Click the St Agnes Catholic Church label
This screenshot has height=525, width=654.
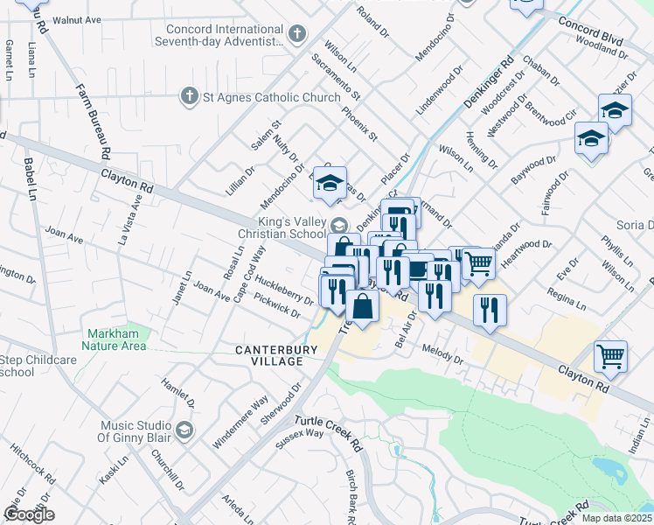pyautogui.click(x=271, y=96)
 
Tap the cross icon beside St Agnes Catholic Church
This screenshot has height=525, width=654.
pyautogui.click(x=188, y=95)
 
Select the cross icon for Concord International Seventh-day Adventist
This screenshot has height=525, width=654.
pyautogui.click(x=297, y=35)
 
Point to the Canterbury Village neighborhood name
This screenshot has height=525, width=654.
pyautogui.click(x=269, y=355)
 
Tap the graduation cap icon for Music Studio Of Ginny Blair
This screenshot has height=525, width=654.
pyautogui.click(x=184, y=430)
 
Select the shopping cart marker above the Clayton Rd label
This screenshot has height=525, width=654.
pyautogui.click(x=610, y=354)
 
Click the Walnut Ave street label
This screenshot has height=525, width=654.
pyautogui.click(x=77, y=19)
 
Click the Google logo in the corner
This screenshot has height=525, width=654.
pyautogui.click(x=29, y=514)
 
